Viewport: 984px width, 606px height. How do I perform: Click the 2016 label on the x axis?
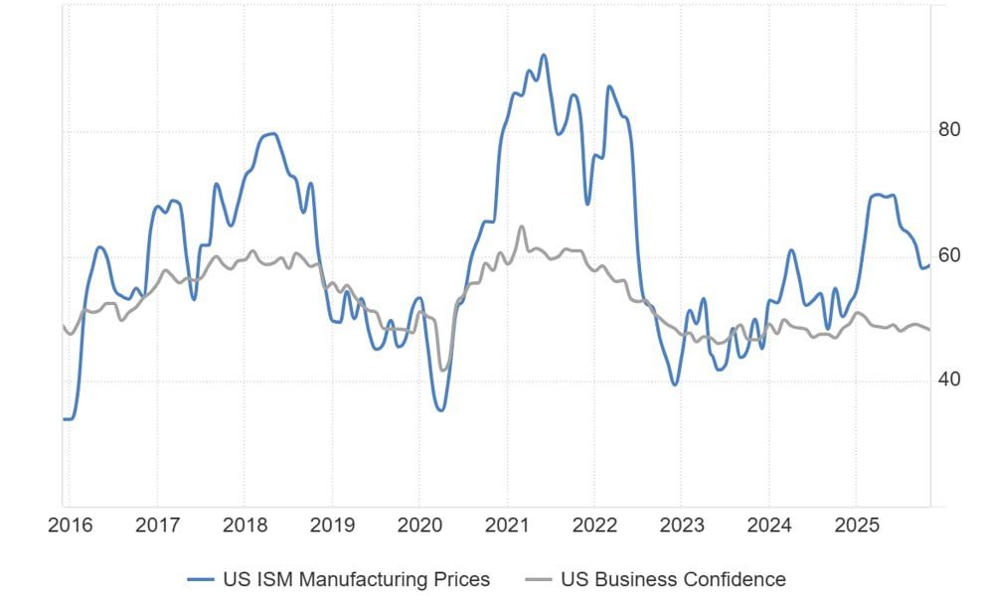click(x=70, y=526)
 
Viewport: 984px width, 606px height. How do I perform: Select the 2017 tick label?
click(x=157, y=526)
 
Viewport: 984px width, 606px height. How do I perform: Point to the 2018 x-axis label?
click(x=245, y=526)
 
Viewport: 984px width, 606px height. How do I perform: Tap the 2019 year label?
click(x=332, y=526)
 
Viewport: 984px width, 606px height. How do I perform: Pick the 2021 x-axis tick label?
click(x=507, y=526)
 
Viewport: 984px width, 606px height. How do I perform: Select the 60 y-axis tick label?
click(x=949, y=255)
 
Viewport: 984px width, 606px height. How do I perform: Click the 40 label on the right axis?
click(x=949, y=380)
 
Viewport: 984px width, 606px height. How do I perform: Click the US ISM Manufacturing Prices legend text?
click(x=355, y=579)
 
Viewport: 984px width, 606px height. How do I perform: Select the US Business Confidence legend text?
click(x=673, y=579)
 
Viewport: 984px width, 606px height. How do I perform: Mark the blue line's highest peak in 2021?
click(x=544, y=55)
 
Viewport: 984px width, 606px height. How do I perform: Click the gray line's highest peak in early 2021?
click(x=522, y=227)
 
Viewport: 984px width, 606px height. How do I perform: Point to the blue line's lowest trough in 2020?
click(x=440, y=409)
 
